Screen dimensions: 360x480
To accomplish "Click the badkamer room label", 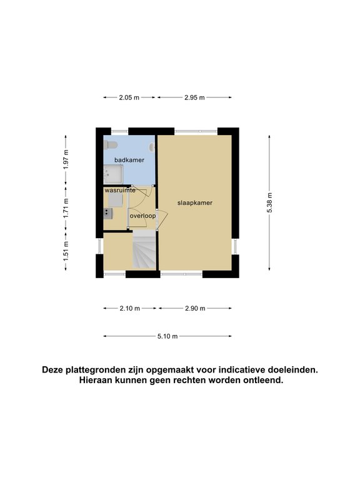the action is [129, 160].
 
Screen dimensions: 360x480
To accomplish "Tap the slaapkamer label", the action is [195, 202].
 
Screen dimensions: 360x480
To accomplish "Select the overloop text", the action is [142, 216].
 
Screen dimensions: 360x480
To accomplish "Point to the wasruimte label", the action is [120, 190].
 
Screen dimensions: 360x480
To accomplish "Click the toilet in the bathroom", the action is [111, 145].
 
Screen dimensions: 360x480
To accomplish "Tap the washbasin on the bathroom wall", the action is [152, 148].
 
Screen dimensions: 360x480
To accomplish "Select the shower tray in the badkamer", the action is [113, 174].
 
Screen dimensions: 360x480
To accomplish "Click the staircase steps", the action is [144, 249].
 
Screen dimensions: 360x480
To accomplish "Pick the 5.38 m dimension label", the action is [269, 202].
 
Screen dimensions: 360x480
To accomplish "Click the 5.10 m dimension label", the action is [167, 336].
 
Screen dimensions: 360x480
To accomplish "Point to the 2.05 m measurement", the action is [129, 97].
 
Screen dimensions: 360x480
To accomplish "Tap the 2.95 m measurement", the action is [194, 97].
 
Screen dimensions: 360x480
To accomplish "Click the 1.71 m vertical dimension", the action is [66, 209].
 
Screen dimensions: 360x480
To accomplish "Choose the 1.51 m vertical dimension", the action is [66, 251].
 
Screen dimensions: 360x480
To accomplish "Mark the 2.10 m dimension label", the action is [129, 308].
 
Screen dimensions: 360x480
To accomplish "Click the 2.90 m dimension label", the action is [195, 308].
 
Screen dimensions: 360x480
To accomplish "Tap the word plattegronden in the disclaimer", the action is [94, 370].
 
